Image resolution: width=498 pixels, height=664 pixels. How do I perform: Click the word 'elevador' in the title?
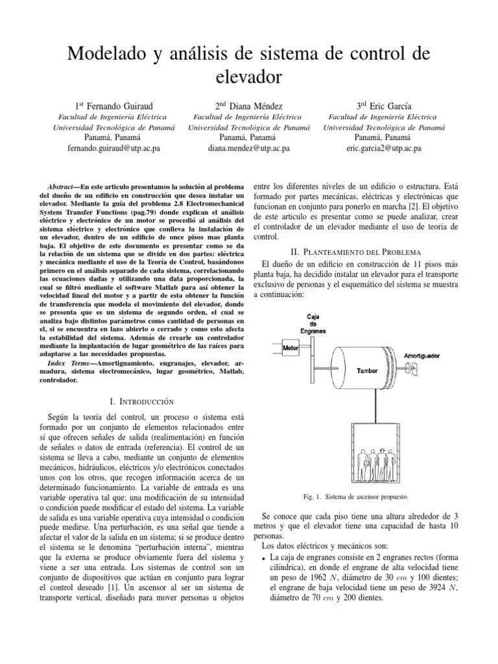(x=248, y=77)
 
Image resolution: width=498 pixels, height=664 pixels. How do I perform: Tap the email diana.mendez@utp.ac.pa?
(x=248, y=148)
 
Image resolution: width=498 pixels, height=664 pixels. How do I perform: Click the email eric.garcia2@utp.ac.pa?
(x=384, y=148)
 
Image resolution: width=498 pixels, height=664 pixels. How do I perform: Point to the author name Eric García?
(x=384, y=106)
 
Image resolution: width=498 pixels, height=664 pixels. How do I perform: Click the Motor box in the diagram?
(x=290, y=348)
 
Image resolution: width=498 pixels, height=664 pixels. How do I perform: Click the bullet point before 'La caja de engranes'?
(x=263, y=558)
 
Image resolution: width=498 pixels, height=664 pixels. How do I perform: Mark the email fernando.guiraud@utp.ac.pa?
(x=113, y=148)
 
